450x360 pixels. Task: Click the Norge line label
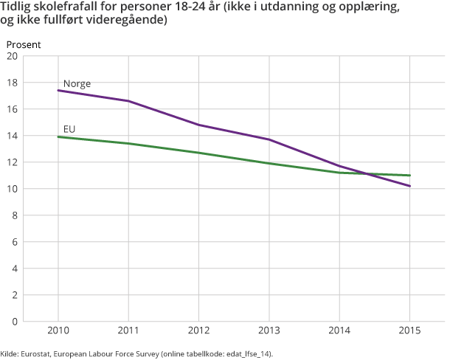pyautogui.click(x=77, y=83)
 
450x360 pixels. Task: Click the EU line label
pyautogui.click(x=70, y=129)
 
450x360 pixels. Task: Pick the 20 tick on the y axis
pyautogui.click(x=13, y=56)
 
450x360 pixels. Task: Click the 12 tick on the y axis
pyautogui.click(x=13, y=162)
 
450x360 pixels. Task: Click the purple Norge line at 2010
pyautogui.click(x=59, y=91)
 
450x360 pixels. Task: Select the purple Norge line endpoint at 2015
pyautogui.click(x=409, y=186)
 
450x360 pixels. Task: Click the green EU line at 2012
pyautogui.click(x=199, y=153)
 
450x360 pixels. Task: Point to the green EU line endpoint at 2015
pyautogui.click(x=409, y=176)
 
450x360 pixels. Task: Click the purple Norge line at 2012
pyautogui.click(x=199, y=125)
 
